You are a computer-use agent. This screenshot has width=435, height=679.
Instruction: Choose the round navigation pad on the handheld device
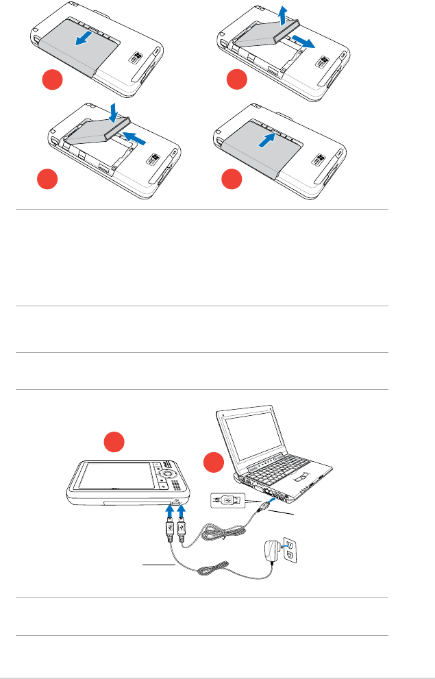(x=168, y=476)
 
